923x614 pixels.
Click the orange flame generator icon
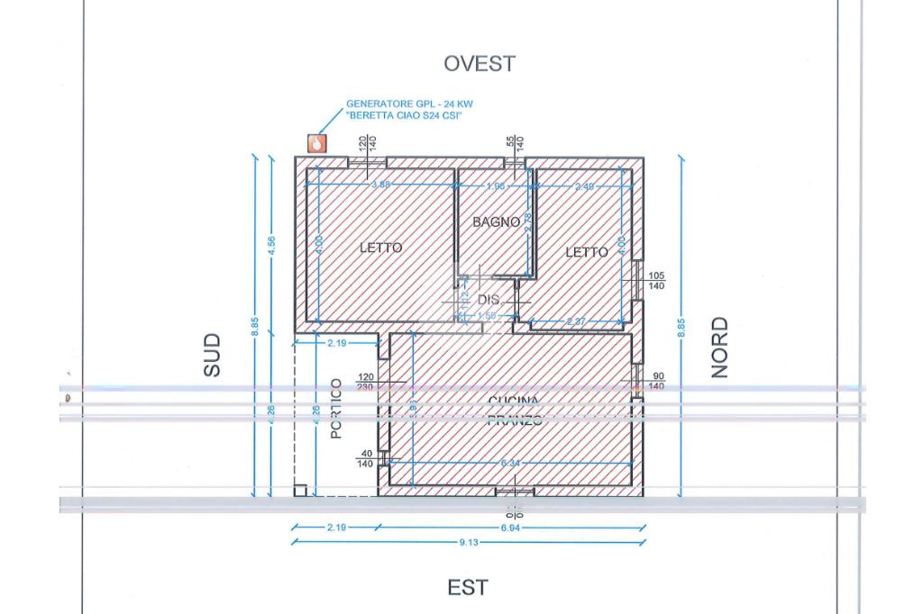(x=316, y=143)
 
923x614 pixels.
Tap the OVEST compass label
(x=480, y=64)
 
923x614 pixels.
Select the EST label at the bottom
(x=469, y=588)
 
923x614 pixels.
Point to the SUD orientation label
(x=211, y=355)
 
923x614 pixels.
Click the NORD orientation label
(x=719, y=348)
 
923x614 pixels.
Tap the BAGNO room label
(x=496, y=221)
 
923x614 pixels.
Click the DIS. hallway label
(x=489, y=299)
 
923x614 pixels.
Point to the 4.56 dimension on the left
(x=271, y=245)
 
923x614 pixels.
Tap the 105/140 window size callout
(x=656, y=280)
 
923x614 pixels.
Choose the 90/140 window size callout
(x=656, y=381)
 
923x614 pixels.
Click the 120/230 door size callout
(x=365, y=382)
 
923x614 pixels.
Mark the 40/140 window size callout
(x=365, y=459)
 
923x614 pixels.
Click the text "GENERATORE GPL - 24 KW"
(x=409, y=104)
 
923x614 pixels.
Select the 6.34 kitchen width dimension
(x=510, y=464)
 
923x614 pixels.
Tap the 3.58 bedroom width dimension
(x=381, y=185)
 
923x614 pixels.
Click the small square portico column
(x=300, y=491)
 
